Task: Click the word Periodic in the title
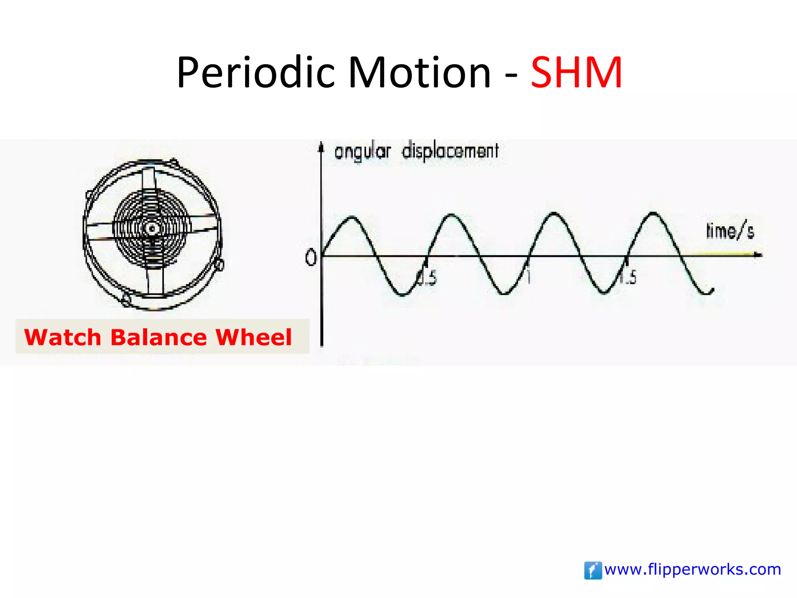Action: point(255,72)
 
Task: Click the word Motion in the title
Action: point(419,72)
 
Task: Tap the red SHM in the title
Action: point(577,72)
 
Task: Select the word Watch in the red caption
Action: point(63,337)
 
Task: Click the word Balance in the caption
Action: point(158,337)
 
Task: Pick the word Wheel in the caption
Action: point(253,337)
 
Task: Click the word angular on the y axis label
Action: point(362,151)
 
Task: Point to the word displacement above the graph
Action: point(450,151)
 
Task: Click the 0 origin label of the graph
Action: point(311,258)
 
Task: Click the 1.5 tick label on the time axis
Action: point(628,277)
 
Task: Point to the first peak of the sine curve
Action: point(352,217)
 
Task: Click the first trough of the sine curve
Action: point(403,295)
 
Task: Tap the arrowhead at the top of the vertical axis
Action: point(321,147)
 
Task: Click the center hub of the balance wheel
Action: point(152,228)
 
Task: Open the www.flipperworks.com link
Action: point(693,570)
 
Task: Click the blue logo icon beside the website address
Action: point(593,570)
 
